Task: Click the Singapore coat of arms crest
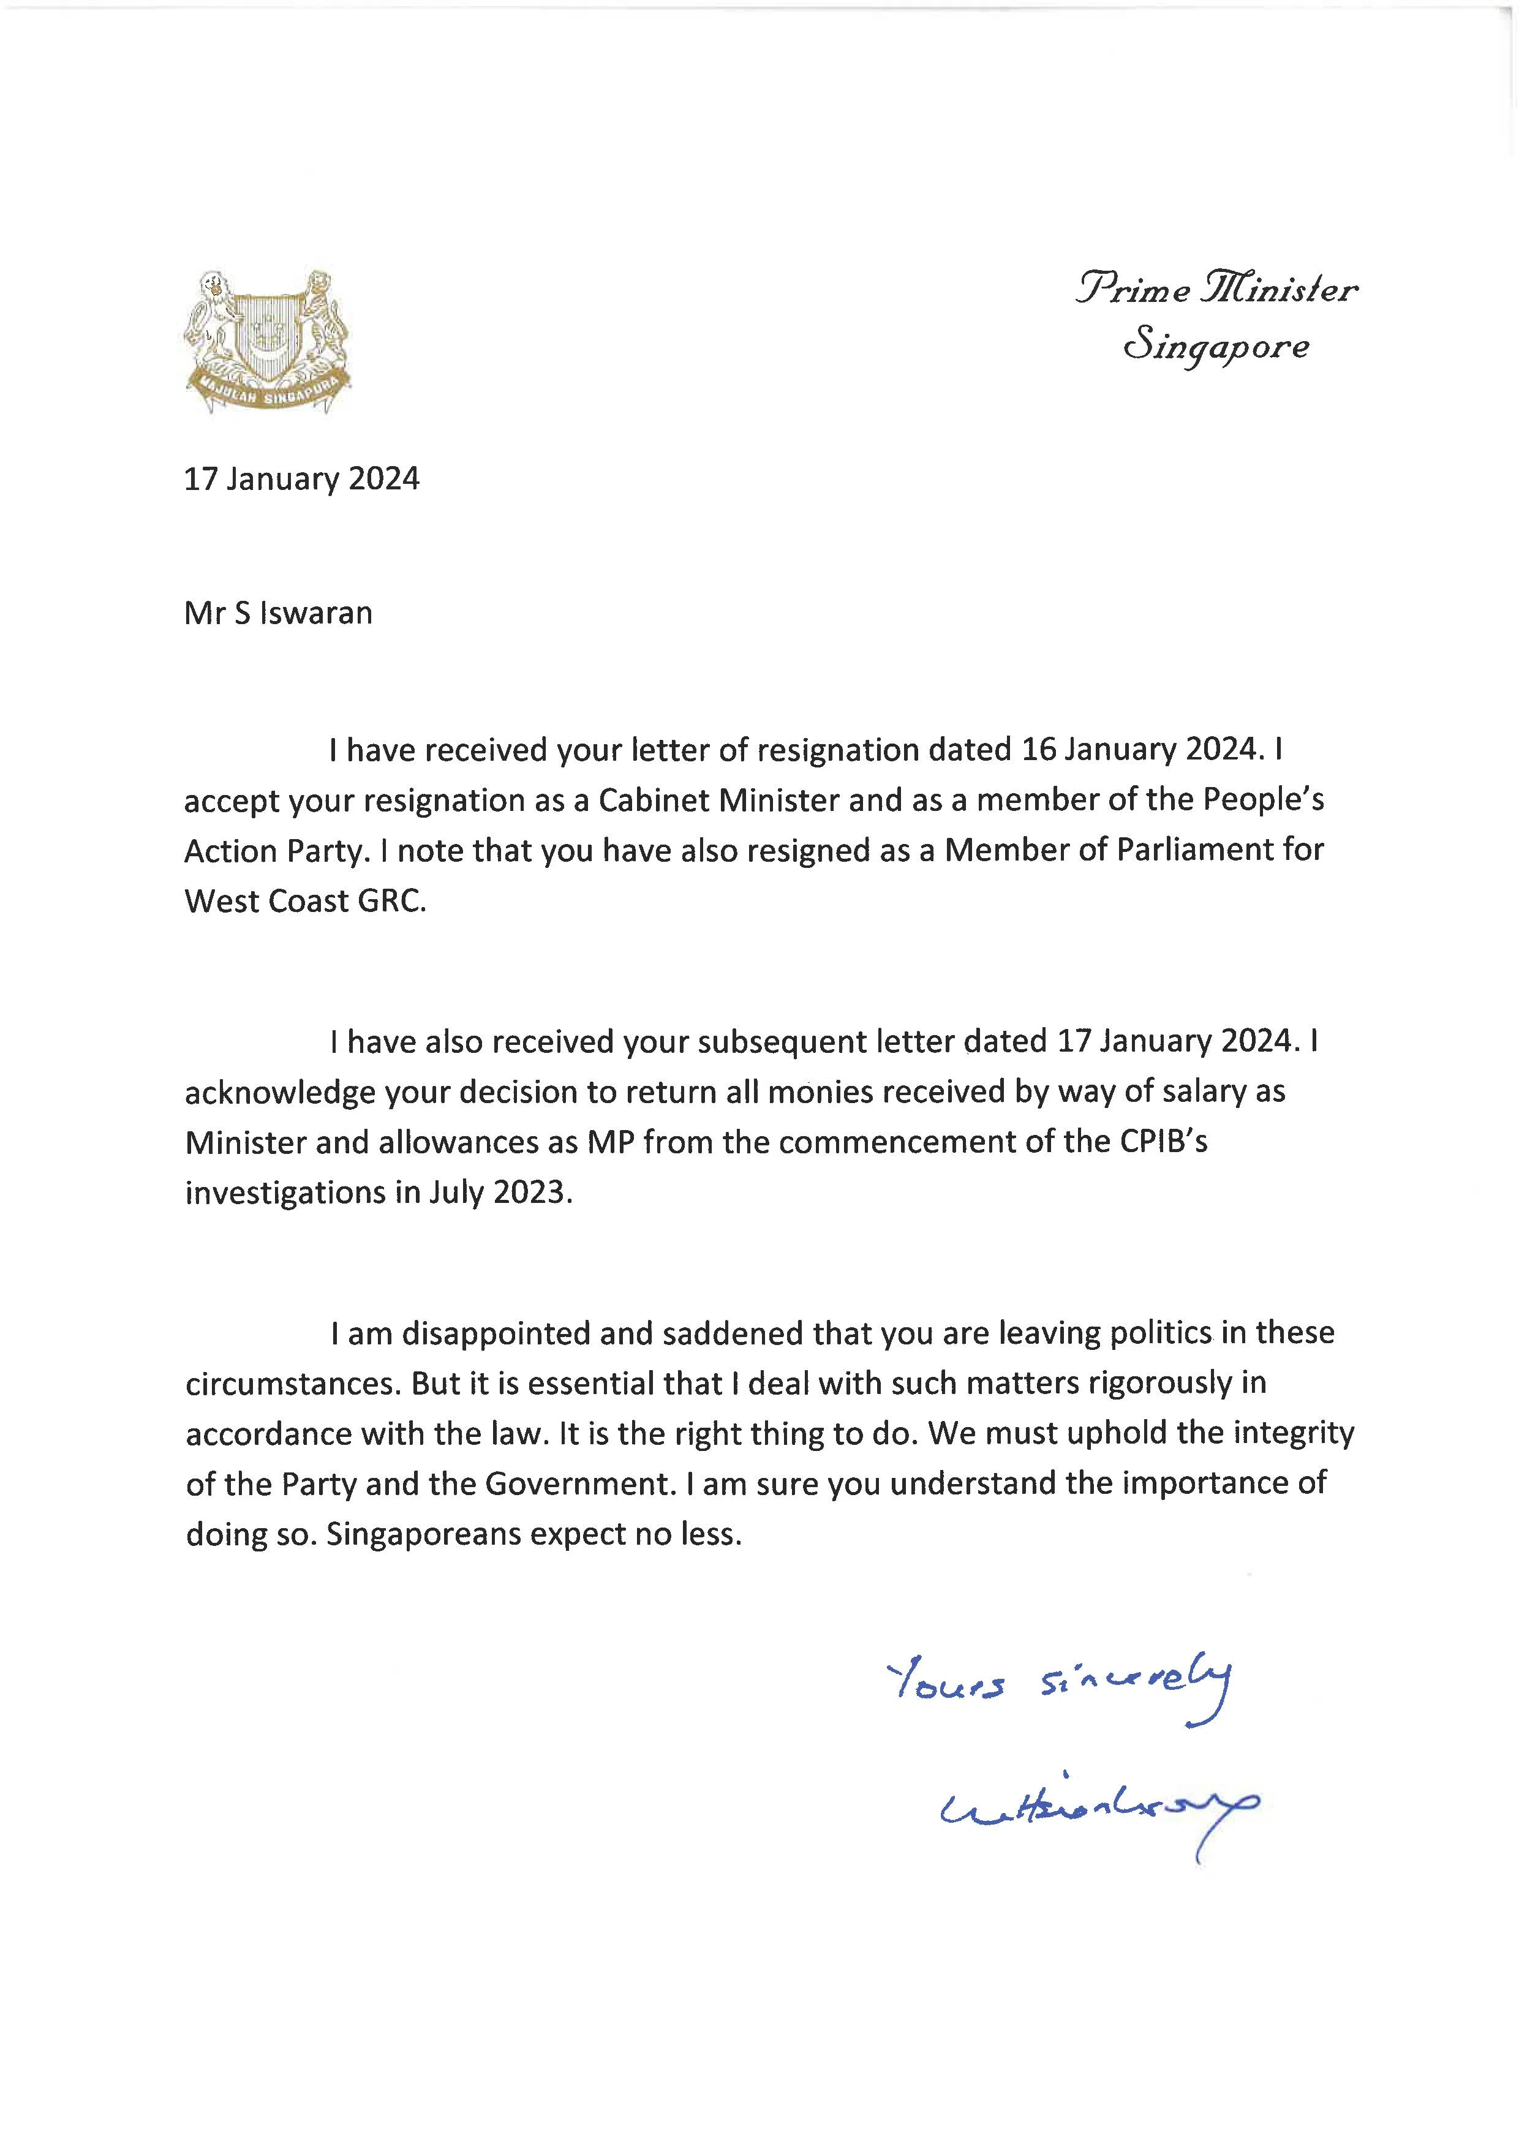pos(268,342)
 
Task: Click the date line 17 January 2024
pos(301,479)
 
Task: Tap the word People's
pos(1263,800)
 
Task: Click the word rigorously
pos(1152,1384)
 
